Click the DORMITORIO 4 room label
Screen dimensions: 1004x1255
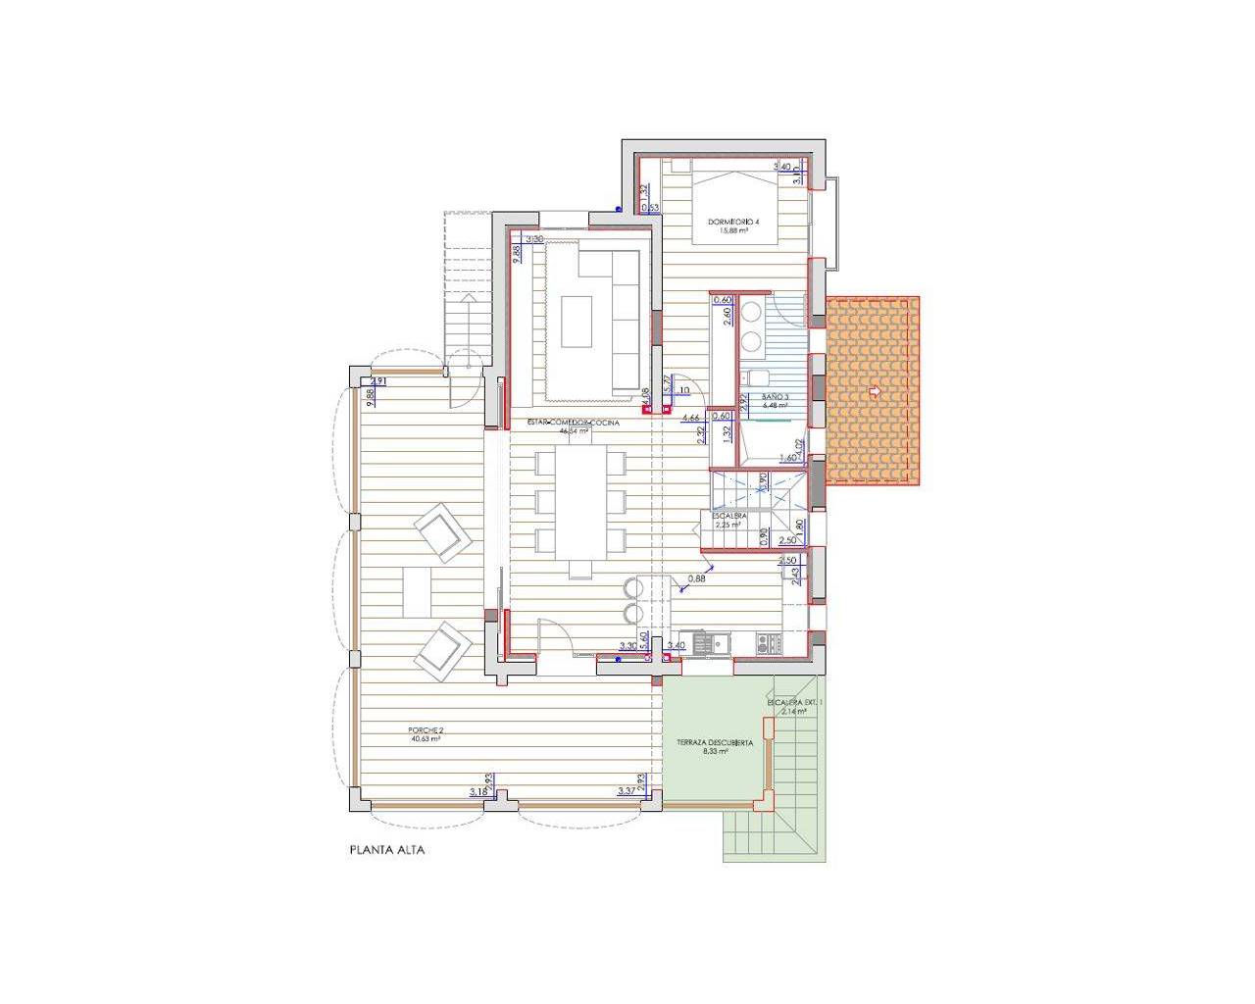pyautogui.click(x=733, y=223)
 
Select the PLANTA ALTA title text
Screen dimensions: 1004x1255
pyautogui.click(x=387, y=850)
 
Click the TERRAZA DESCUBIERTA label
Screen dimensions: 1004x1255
pyautogui.click(x=715, y=743)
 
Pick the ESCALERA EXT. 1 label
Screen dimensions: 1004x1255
pyautogui.click(x=795, y=703)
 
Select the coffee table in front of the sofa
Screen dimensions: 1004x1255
pyautogui.click(x=577, y=322)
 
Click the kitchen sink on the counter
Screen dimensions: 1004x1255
pyautogui.click(x=704, y=643)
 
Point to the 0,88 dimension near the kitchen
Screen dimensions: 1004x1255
pyautogui.click(x=697, y=578)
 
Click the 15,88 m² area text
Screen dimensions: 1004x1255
pyautogui.click(x=733, y=232)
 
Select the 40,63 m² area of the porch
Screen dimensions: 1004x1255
pyautogui.click(x=426, y=740)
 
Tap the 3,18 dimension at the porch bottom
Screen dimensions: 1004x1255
pyautogui.click(x=478, y=790)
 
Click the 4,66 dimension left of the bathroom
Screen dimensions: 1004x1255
pyautogui.click(x=690, y=417)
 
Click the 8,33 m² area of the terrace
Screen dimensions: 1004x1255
pyautogui.click(x=715, y=753)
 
